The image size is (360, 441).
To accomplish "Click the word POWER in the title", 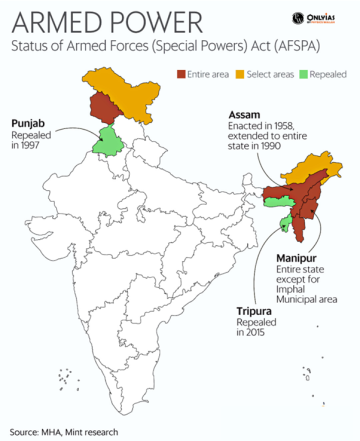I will [x=140, y=20].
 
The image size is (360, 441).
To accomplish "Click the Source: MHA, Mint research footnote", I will [x=63, y=432].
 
